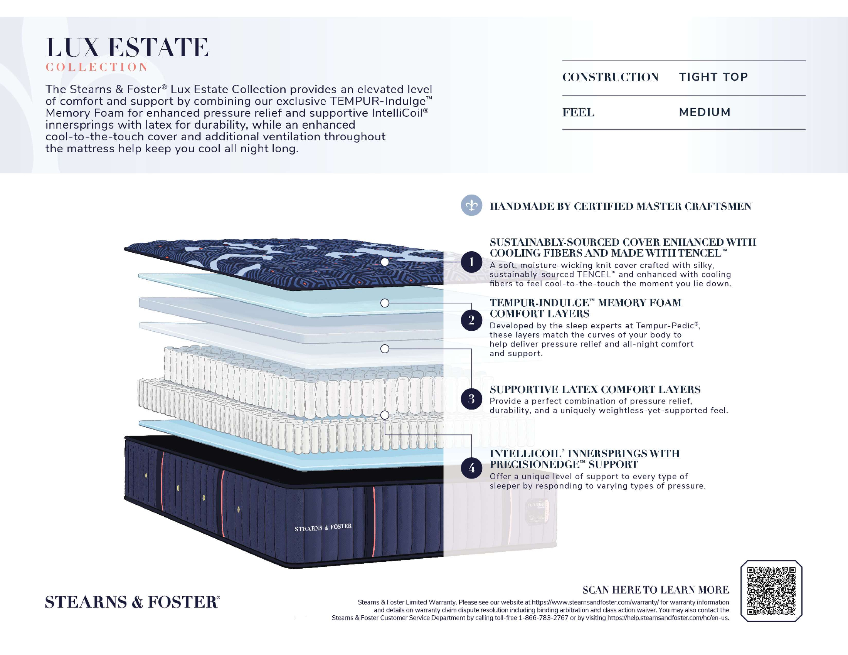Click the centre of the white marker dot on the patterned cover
pos(384,262)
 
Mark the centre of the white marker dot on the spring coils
pos(385,415)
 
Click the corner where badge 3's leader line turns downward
pos(471,349)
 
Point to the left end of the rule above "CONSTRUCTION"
pos(562,61)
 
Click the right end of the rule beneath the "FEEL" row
pos(806,129)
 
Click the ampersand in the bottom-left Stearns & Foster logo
pos(137,602)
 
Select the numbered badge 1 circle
pos(471,262)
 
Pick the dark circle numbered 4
pos(471,468)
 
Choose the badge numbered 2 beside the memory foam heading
pos(471,320)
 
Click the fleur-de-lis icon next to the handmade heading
pos(471,205)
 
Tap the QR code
pos(771,591)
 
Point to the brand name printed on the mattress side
pos(323,528)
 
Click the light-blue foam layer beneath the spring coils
pos(291,446)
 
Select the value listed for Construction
pos(713,77)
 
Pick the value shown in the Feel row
pos(705,112)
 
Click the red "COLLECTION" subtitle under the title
pos(96,67)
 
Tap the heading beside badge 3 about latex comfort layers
pos(595,389)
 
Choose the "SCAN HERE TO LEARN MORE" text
pos(655,590)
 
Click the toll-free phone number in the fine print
pos(543,618)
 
